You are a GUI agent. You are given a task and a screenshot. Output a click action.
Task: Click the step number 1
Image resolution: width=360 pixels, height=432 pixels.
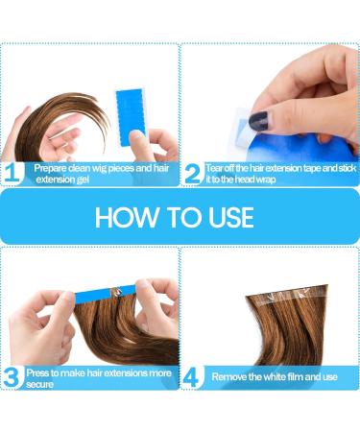14,173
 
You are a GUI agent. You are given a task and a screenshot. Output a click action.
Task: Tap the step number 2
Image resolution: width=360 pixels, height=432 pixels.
193,174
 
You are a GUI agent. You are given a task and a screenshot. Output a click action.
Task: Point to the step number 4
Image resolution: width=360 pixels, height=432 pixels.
192,378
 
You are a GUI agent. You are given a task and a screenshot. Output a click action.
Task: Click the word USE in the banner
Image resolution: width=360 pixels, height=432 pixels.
231,217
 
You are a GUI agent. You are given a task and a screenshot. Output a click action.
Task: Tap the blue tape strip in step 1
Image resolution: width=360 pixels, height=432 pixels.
131,118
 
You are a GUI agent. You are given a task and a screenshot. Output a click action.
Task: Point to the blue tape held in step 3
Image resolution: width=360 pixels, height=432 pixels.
106,294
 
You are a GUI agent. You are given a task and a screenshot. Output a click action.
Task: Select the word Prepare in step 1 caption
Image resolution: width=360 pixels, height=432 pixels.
50,169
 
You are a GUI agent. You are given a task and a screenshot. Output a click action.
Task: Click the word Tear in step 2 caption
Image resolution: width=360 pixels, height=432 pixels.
214,168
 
